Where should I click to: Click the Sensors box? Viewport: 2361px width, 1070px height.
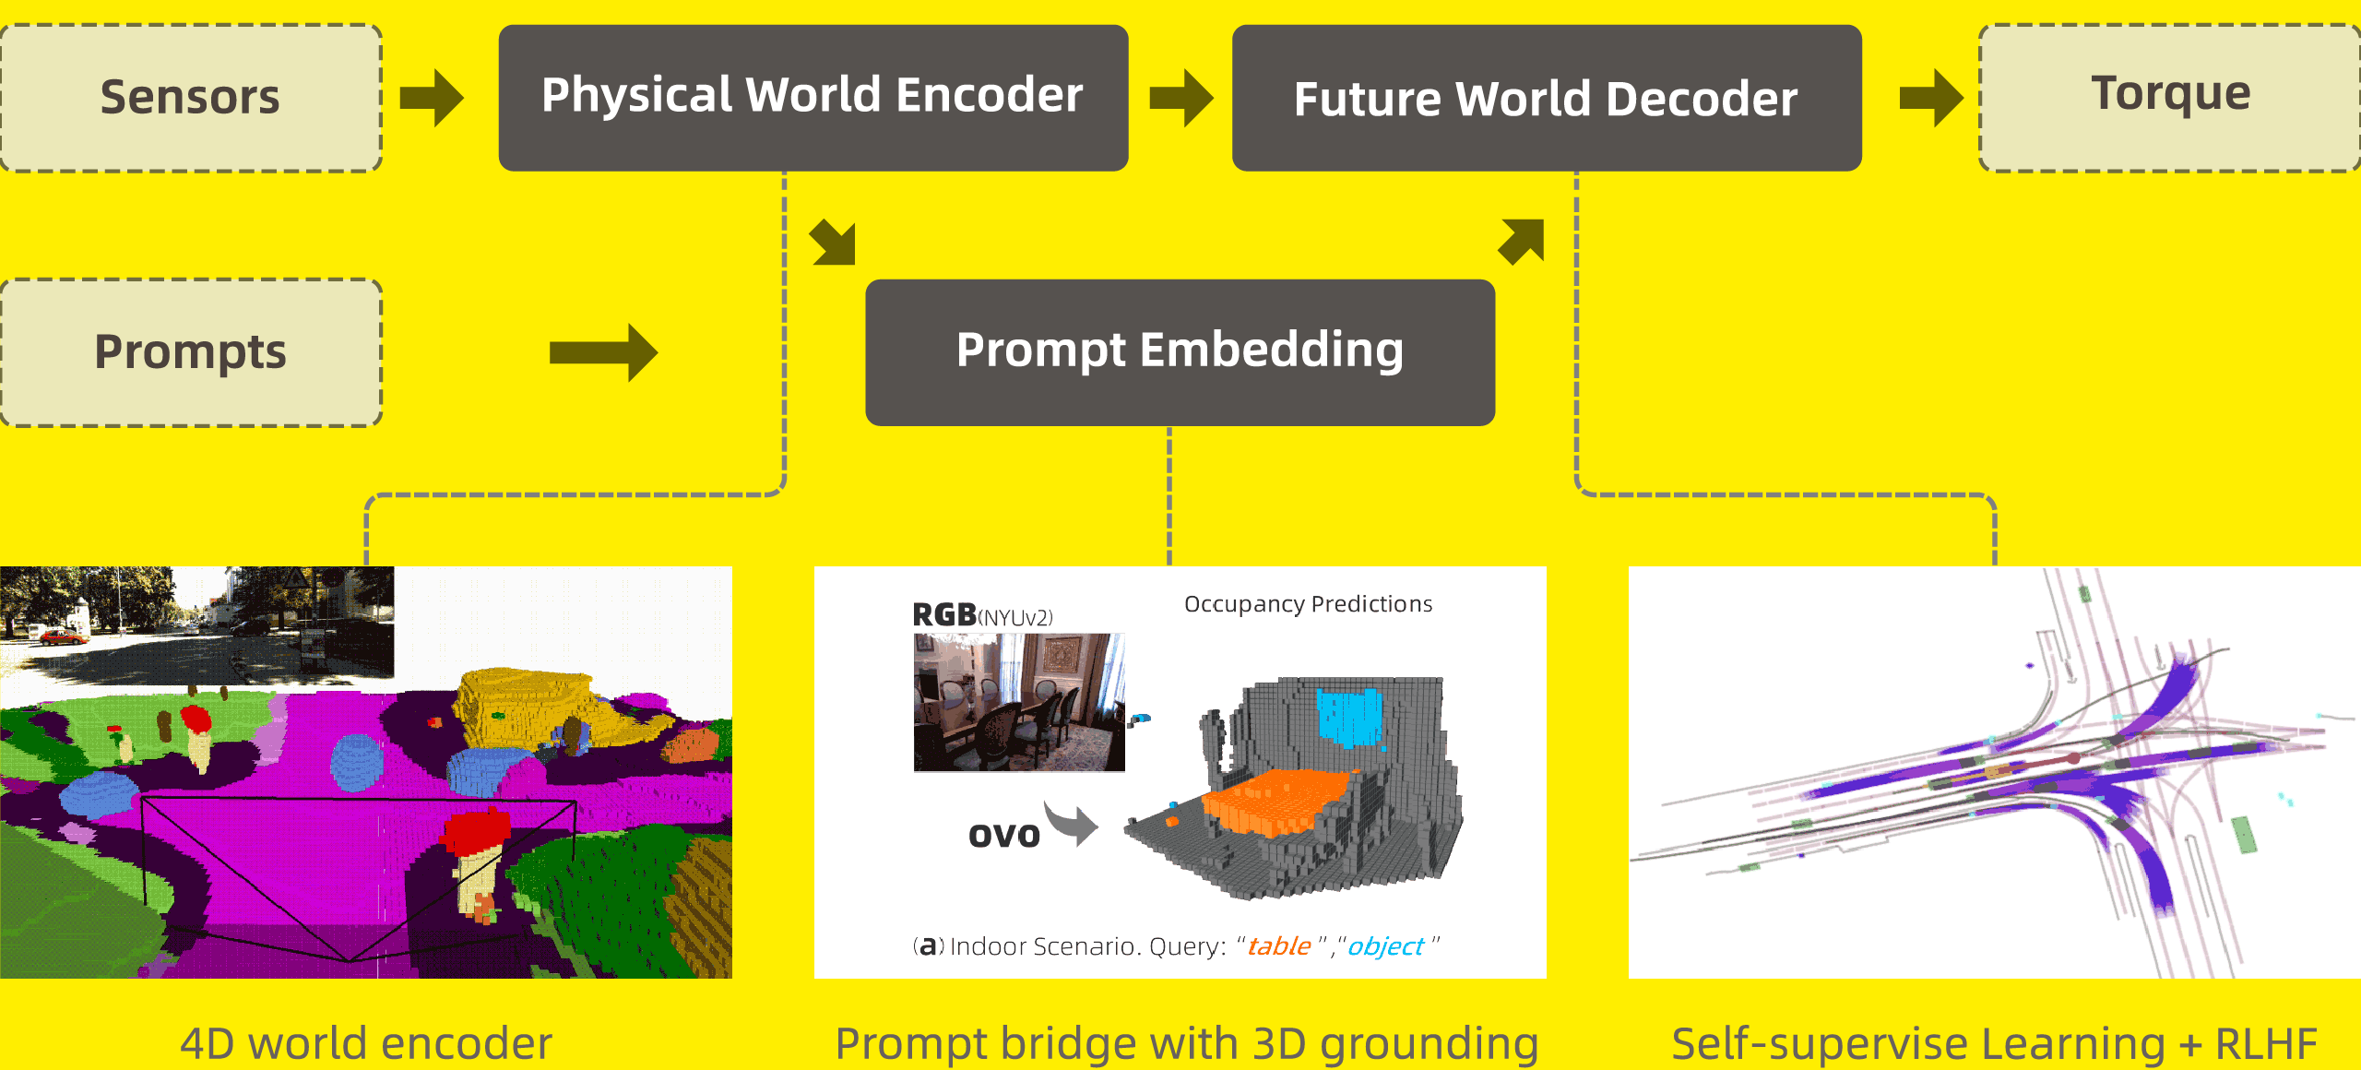pyautogui.click(x=191, y=98)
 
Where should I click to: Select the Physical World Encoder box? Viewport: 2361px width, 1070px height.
pyautogui.click(x=813, y=98)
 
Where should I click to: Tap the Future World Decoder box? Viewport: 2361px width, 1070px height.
pyautogui.click(x=1547, y=98)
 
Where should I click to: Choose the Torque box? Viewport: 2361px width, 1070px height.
pyautogui.click(x=2170, y=98)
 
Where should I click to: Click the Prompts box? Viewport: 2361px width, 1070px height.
pyautogui.click(x=191, y=352)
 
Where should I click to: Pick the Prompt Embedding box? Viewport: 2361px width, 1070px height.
pyautogui.click(x=1180, y=352)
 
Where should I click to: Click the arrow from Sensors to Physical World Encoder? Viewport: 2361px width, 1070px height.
pyautogui.click(x=432, y=98)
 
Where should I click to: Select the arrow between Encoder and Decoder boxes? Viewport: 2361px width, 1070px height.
pyautogui.click(x=1181, y=98)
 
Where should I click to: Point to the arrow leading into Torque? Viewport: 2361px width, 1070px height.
pyautogui.click(x=1931, y=98)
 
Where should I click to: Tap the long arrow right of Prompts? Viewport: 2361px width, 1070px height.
pyautogui.click(x=603, y=352)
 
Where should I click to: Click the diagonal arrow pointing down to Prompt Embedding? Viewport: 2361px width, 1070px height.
pyautogui.click(x=834, y=244)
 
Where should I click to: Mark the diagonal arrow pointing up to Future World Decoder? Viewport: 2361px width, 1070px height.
pyautogui.click(x=1522, y=242)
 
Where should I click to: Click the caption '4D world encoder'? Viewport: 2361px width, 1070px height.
pyautogui.click(x=366, y=1044)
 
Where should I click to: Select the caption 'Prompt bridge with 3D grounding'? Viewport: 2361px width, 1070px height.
pyautogui.click(x=1187, y=1044)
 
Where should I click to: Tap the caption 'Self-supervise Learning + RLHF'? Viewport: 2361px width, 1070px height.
pyautogui.click(x=1994, y=1044)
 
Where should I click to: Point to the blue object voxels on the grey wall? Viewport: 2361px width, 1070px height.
pyautogui.click(x=1350, y=716)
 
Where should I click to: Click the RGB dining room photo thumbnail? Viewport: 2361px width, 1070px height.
pyautogui.click(x=1019, y=702)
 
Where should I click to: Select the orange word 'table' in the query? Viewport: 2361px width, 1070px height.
pyautogui.click(x=1279, y=946)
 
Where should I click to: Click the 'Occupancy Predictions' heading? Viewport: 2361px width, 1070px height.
pyautogui.click(x=1308, y=604)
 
